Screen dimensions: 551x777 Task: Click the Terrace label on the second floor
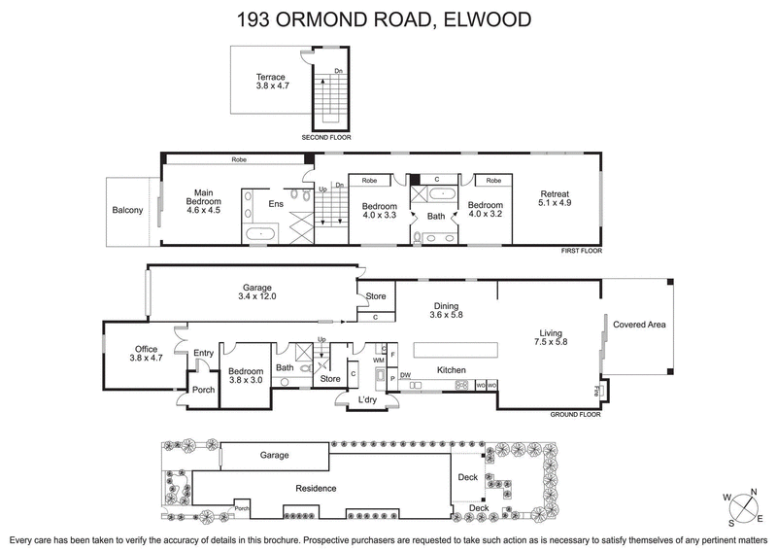click(x=270, y=76)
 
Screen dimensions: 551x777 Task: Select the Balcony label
click(x=127, y=210)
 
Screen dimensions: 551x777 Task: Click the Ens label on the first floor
click(x=276, y=204)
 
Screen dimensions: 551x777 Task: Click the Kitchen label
click(x=452, y=370)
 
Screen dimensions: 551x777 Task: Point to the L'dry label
click(x=367, y=399)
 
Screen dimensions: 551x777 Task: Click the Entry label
click(x=203, y=353)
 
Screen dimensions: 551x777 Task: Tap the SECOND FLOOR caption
click(x=326, y=138)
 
